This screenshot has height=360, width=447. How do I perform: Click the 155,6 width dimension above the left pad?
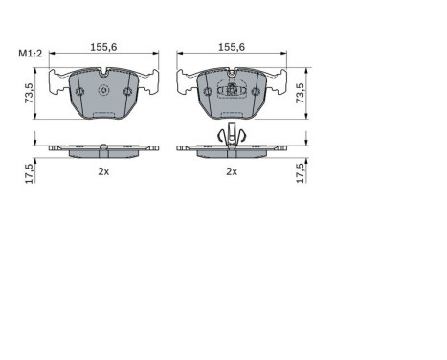click(x=103, y=46)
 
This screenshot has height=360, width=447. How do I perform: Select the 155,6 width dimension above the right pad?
click(x=231, y=46)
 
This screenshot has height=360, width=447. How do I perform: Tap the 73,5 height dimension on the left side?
click(x=30, y=93)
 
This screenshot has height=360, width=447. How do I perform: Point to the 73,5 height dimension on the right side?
click(x=302, y=93)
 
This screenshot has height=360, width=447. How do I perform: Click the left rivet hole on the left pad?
click(x=80, y=92)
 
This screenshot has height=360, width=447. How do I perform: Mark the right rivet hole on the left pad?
click(x=126, y=92)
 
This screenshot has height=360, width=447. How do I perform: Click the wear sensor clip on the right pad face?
click(x=231, y=92)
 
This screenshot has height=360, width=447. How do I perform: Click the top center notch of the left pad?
click(x=103, y=70)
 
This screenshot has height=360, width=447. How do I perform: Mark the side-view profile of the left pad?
click(x=103, y=148)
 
